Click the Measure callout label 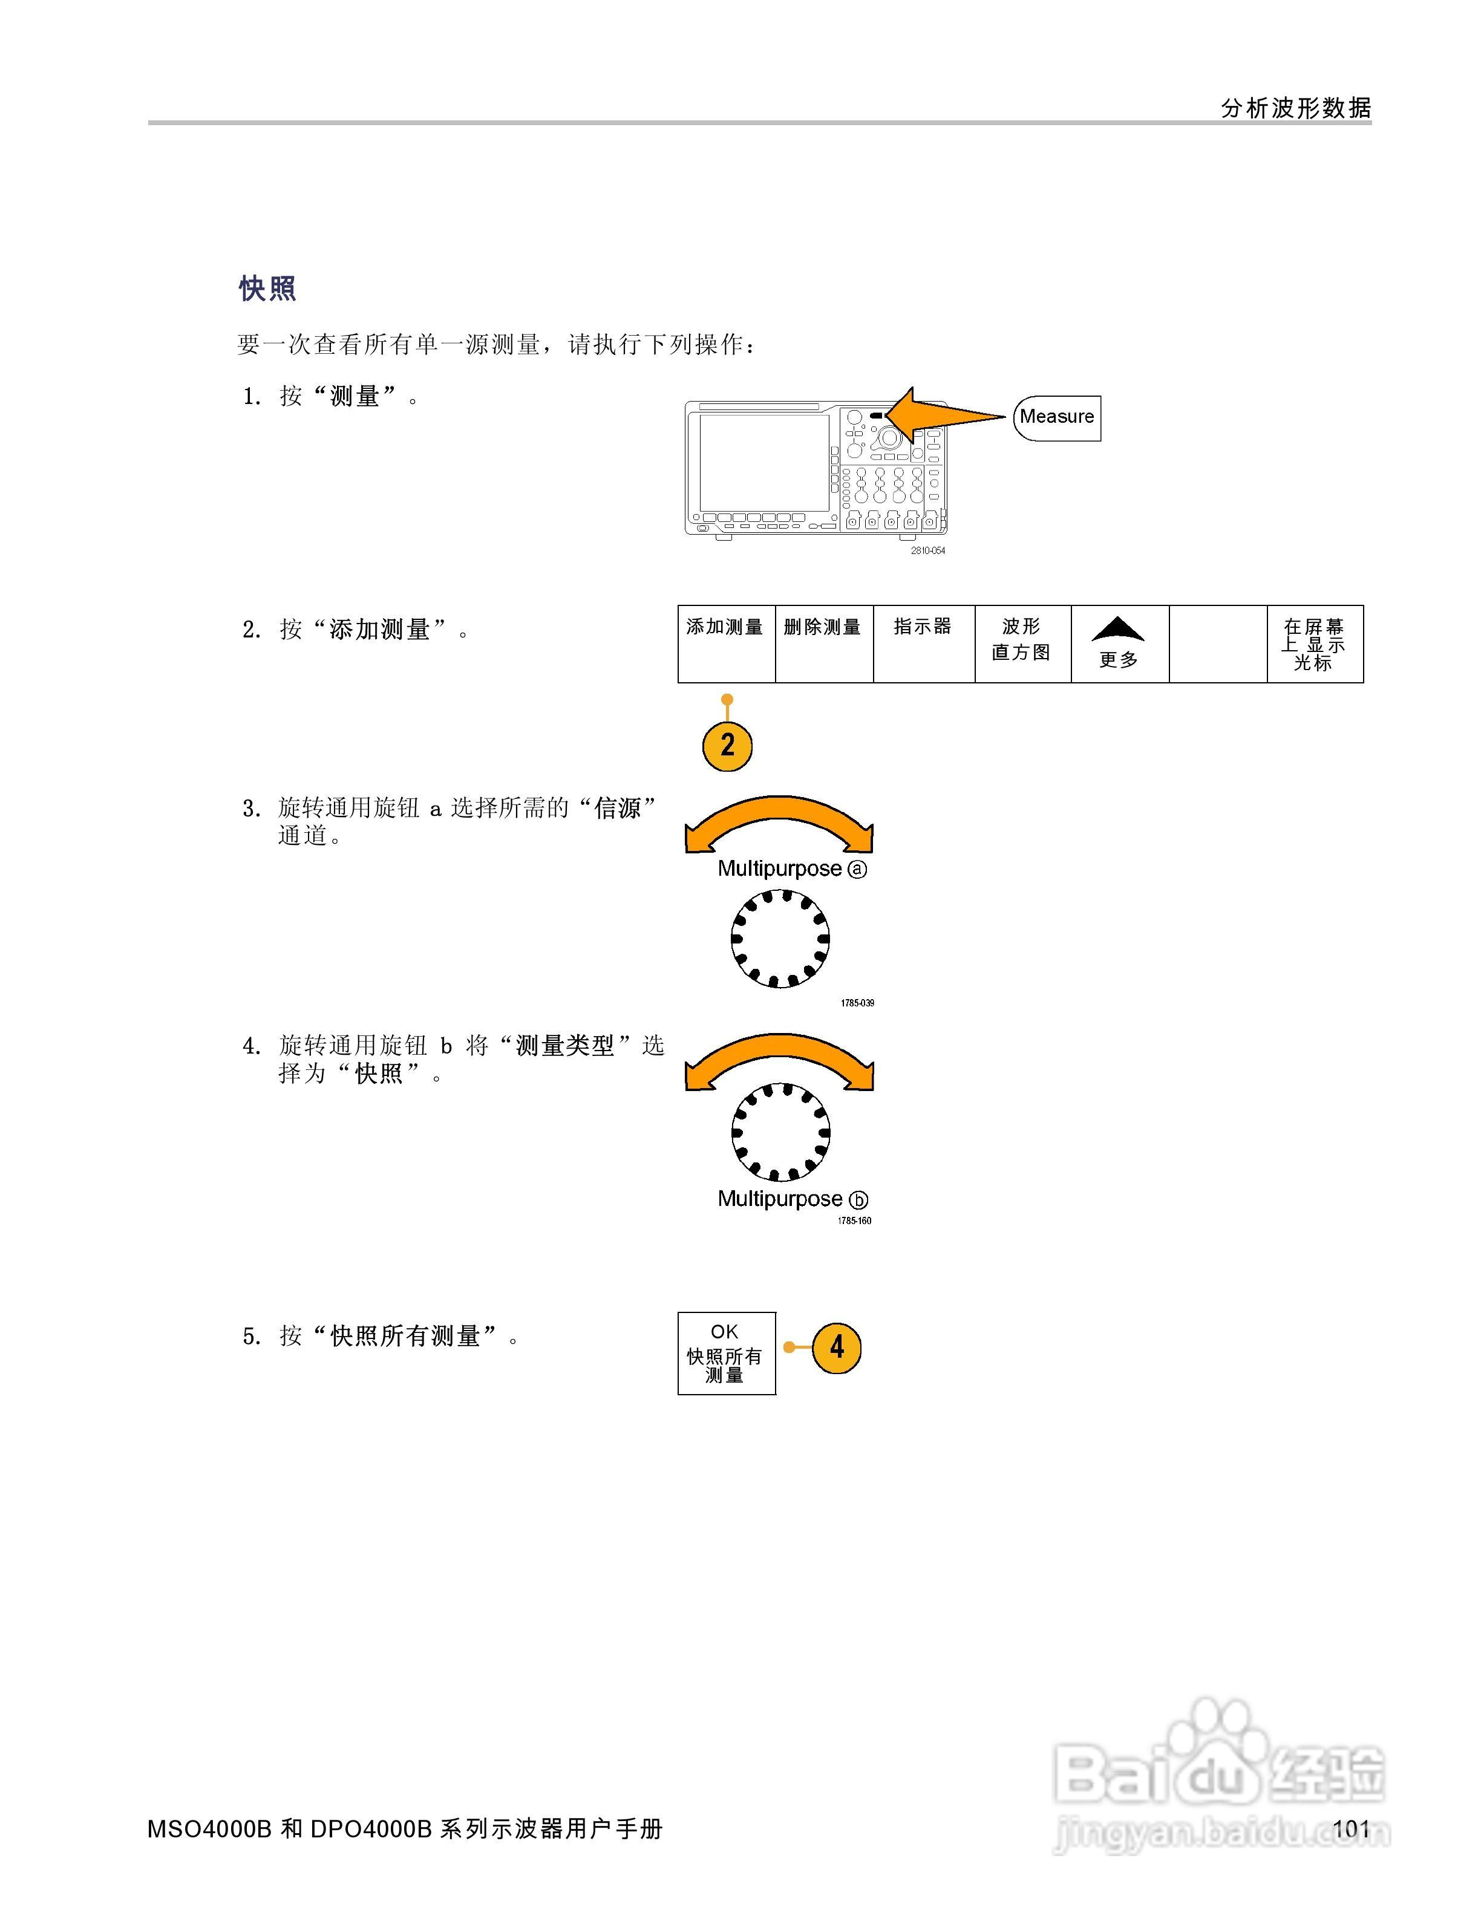(x=1056, y=417)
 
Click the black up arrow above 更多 (x=1118, y=629)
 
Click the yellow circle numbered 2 (x=727, y=746)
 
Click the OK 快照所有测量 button (x=727, y=1353)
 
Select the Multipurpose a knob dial (x=780, y=939)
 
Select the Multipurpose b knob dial (x=780, y=1132)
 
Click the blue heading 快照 (x=267, y=288)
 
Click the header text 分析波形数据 (x=1296, y=108)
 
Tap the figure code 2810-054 (x=927, y=551)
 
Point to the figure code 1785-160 (x=854, y=1220)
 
